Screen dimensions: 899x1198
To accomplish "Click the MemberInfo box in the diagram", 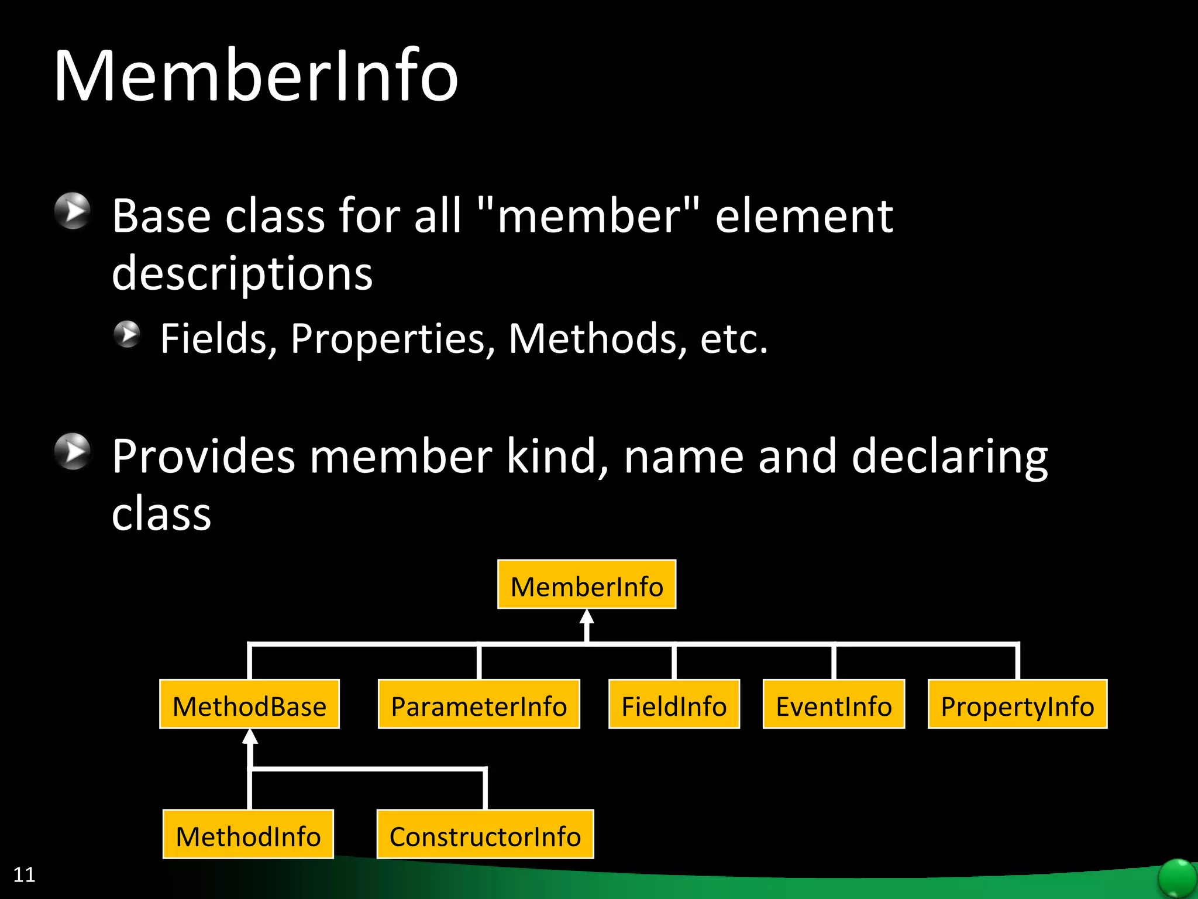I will pyautogui.click(x=587, y=585).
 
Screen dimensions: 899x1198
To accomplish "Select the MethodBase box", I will pyautogui.click(x=250, y=705).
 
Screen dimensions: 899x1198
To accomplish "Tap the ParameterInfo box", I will pyautogui.click(x=478, y=705).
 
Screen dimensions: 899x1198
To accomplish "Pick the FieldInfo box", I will pyautogui.click(x=674, y=705).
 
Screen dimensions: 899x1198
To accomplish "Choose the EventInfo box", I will pyautogui.click(x=834, y=705).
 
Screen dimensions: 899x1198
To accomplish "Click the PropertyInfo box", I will pyautogui.click(x=1017, y=705).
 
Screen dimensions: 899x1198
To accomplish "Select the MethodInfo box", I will pyautogui.click(x=248, y=835).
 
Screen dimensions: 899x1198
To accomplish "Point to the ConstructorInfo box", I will pyautogui.click(x=485, y=835).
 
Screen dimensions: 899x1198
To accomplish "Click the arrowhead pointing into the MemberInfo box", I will pyautogui.click(x=587, y=617).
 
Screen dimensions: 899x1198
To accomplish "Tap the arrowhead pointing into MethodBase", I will pyautogui.click(x=250, y=737).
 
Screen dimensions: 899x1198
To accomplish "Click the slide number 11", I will pyautogui.click(x=24, y=874).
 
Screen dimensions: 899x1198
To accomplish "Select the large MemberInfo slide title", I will pyautogui.click(x=256, y=76).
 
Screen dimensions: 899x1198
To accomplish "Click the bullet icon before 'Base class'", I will pyautogui.click(x=73, y=211).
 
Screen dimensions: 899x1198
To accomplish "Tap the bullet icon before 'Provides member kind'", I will pyautogui.click(x=73, y=451).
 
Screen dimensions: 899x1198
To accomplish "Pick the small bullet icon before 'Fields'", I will pyautogui.click(x=127, y=334).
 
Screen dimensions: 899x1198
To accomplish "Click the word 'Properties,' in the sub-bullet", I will pyautogui.click(x=393, y=339).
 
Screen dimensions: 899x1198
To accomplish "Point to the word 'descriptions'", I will pyautogui.click(x=242, y=274).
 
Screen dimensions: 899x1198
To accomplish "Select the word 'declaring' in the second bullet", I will pyautogui.click(x=949, y=457).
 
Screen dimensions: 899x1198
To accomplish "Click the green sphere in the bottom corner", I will pyautogui.click(x=1177, y=878).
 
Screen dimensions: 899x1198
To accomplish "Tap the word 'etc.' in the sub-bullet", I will pyautogui.click(x=734, y=339).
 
